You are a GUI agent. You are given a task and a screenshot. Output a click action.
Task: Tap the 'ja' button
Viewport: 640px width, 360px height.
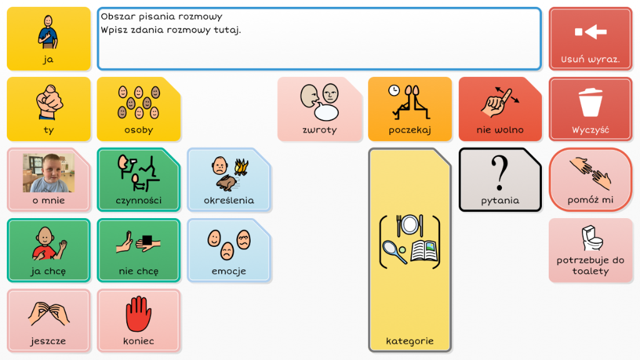[x=49, y=39]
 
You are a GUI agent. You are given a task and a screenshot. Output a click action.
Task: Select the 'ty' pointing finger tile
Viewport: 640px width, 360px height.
[x=49, y=109]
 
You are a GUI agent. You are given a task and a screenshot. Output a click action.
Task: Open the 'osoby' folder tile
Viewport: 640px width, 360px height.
[x=139, y=109]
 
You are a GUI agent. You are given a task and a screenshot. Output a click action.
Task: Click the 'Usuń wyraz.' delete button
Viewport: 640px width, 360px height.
[x=590, y=39]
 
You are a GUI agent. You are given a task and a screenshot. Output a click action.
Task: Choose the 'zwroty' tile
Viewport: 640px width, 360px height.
[x=319, y=109]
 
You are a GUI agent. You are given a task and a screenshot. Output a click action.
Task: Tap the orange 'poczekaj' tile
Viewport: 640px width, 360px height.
[x=410, y=109]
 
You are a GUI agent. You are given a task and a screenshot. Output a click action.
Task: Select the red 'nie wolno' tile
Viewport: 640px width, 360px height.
[x=500, y=109]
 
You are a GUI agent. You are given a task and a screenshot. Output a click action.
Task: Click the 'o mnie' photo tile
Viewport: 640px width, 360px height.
[x=49, y=179]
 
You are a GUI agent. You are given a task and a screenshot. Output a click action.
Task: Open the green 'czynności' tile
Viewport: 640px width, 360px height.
[x=139, y=179]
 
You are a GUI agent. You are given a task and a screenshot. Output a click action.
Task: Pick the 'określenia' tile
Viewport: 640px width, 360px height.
[x=229, y=179]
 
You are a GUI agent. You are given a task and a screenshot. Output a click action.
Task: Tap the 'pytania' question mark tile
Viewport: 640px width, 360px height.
[x=500, y=179]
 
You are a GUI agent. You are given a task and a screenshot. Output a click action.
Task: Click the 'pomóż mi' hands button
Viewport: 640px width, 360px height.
[x=590, y=179]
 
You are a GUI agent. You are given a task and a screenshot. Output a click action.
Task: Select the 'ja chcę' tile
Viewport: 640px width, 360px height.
[x=49, y=250]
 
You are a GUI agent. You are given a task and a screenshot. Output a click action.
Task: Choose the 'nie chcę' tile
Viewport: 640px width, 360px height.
[x=139, y=250]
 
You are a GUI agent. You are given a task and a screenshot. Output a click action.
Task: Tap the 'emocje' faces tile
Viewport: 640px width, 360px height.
[x=229, y=250]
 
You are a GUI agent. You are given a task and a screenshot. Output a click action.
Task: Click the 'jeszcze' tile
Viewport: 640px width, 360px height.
[x=49, y=321]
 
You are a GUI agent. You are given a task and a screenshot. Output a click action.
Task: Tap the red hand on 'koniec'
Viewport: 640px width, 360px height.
[x=138, y=314]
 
